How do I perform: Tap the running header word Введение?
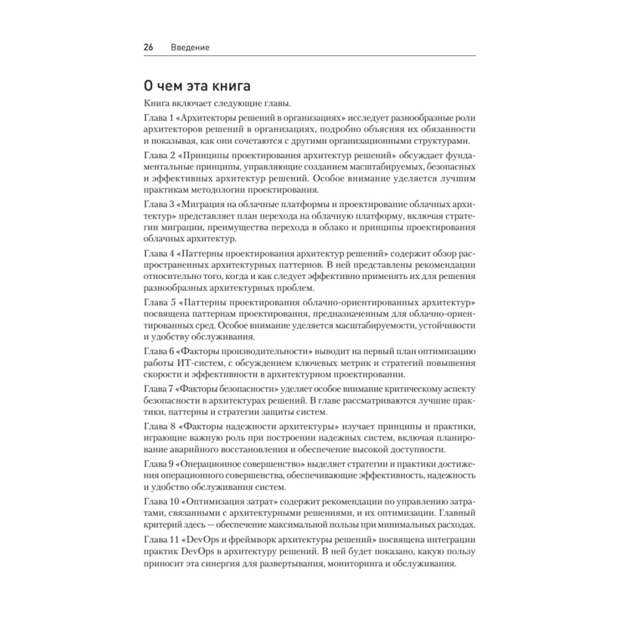[190, 47]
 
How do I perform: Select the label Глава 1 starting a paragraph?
[159, 118]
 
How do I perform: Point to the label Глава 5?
[159, 302]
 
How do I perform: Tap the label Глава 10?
[161, 501]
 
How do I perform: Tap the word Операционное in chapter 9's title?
[216, 464]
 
